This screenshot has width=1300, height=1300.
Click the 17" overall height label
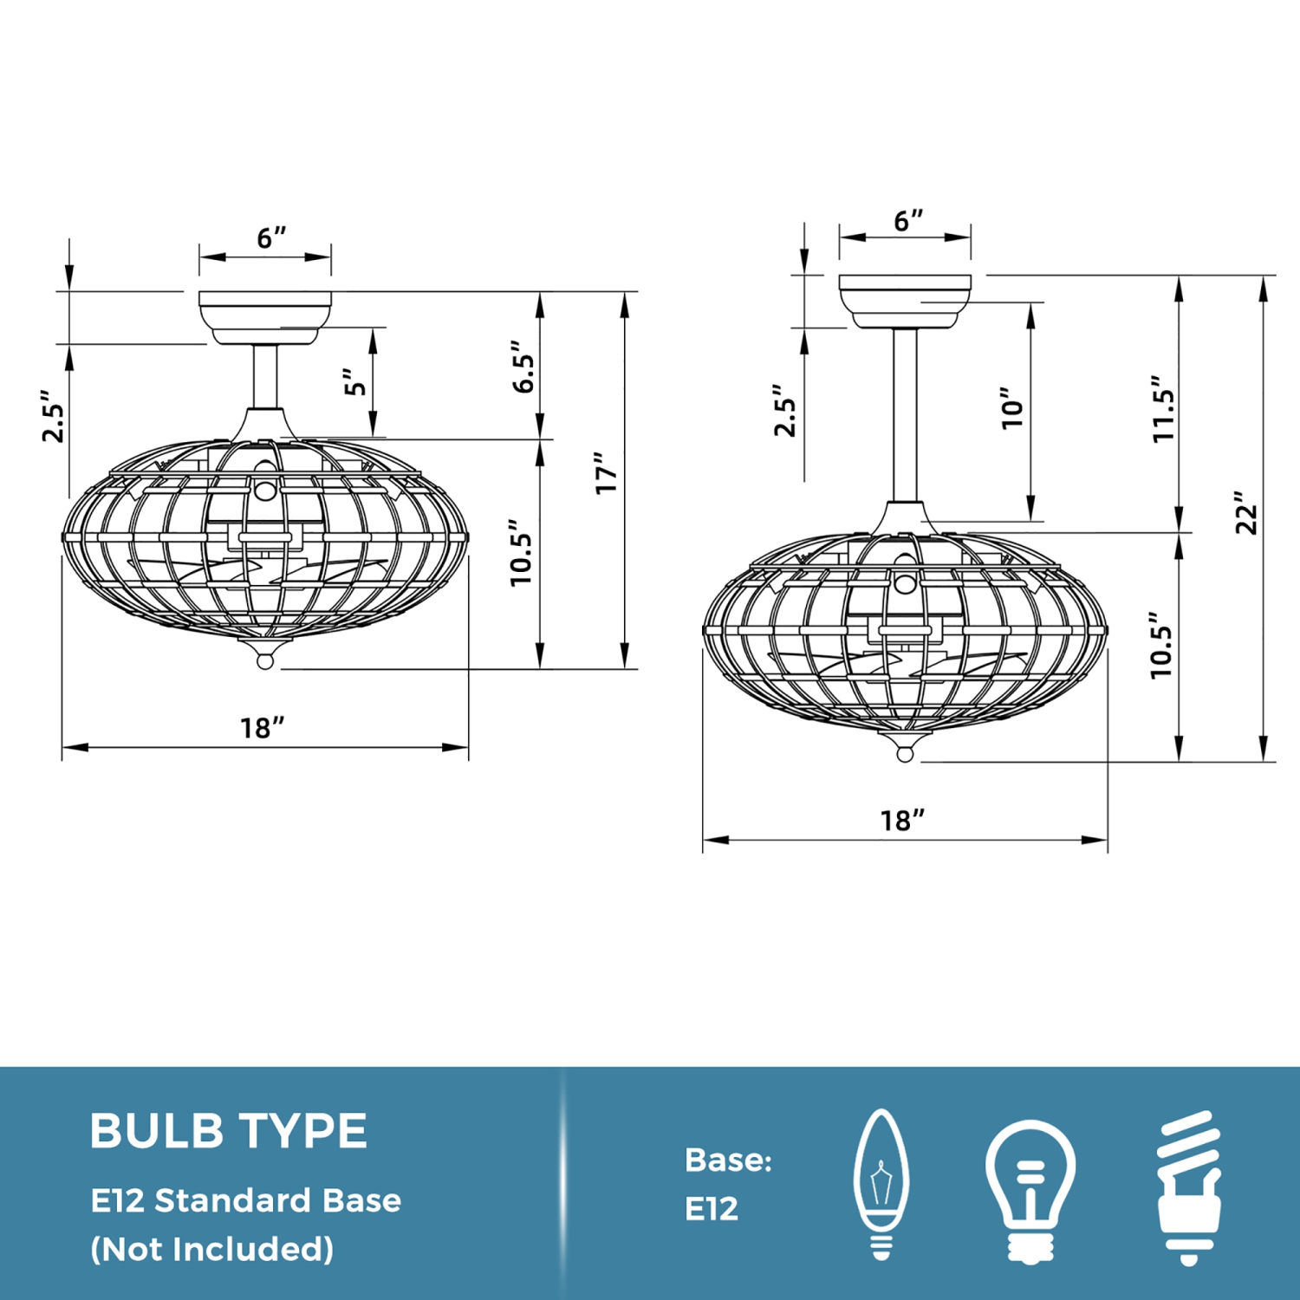607,473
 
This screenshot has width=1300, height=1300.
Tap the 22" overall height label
1246,513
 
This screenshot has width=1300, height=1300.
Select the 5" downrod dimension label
354,382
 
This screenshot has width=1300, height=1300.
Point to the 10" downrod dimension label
1012,407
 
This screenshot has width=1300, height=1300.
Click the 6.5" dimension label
523,367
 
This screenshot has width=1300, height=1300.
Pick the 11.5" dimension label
1163,409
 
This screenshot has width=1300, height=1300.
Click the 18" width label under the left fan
262,728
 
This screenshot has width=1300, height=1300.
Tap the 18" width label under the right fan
902,820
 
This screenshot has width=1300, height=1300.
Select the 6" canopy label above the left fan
271,237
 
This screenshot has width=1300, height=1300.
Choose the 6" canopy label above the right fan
909,221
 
